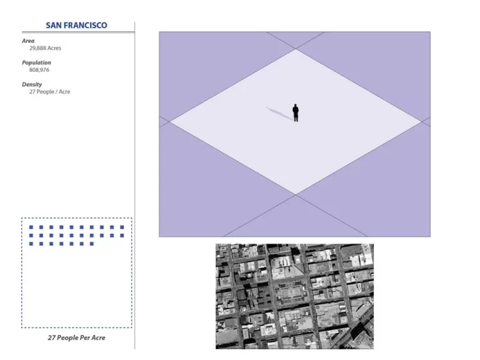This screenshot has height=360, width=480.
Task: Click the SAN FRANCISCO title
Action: [76, 25]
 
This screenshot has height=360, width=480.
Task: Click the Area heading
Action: [28, 40]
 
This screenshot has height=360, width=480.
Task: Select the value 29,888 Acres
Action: [46, 48]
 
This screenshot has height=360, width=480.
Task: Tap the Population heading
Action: [37, 62]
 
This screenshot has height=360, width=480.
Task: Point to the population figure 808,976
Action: [39, 70]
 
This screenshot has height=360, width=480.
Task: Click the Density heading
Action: [32, 84]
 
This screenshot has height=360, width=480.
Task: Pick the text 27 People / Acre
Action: [49, 92]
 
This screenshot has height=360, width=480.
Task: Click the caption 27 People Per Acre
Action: [76, 337]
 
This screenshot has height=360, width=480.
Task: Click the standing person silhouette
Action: [296, 113]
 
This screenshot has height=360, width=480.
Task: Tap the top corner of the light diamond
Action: [296, 49]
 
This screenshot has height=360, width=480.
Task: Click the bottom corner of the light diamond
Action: [296, 195]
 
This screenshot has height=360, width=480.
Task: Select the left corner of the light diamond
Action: [170, 122]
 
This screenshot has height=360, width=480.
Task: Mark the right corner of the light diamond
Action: [422, 122]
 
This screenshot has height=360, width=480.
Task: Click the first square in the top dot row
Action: [31, 228]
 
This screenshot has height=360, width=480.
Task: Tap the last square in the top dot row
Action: [122, 228]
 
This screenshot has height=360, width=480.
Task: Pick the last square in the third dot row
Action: [92, 244]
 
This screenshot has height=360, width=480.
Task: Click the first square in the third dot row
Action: [31, 244]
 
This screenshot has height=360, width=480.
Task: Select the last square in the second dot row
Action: [122, 236]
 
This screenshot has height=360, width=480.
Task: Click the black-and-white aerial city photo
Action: [294, 296]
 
